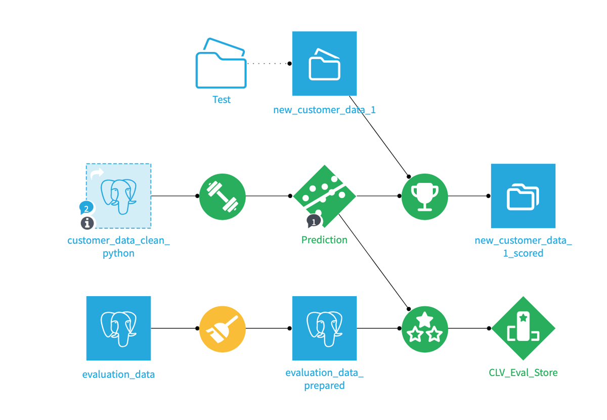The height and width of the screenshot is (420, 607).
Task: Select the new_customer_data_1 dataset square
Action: coord(324,64)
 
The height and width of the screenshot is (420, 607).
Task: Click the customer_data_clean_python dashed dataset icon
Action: coord(119,196)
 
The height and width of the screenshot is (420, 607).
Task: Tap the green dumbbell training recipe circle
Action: coord(222,196)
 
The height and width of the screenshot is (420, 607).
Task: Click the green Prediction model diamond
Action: coord(324,196)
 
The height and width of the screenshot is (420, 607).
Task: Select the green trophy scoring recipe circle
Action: coord(425,196)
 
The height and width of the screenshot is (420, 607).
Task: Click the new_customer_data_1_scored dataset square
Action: coord(523,196)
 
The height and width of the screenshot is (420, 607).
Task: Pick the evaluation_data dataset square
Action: coord(118,329)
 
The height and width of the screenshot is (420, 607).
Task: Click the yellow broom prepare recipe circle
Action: coord(222,329)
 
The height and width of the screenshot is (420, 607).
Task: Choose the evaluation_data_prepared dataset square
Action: coord(324,329)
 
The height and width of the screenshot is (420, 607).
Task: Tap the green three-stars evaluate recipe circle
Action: coord(425,329)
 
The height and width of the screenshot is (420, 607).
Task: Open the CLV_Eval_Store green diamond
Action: coord(523,329)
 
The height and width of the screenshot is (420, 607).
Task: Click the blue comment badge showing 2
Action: coord(86,208)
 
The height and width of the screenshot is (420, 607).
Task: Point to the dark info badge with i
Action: coord(87,222)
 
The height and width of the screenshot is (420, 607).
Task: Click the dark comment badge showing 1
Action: coord(314,221)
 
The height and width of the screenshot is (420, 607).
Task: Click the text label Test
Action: coord(221,100)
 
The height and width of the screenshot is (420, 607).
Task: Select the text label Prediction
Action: coord(324,240)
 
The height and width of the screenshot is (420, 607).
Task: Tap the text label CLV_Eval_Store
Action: coord(523,373)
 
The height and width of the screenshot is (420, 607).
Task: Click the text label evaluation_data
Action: coord(118,375)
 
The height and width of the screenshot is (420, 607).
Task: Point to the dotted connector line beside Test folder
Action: coord(268,64)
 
